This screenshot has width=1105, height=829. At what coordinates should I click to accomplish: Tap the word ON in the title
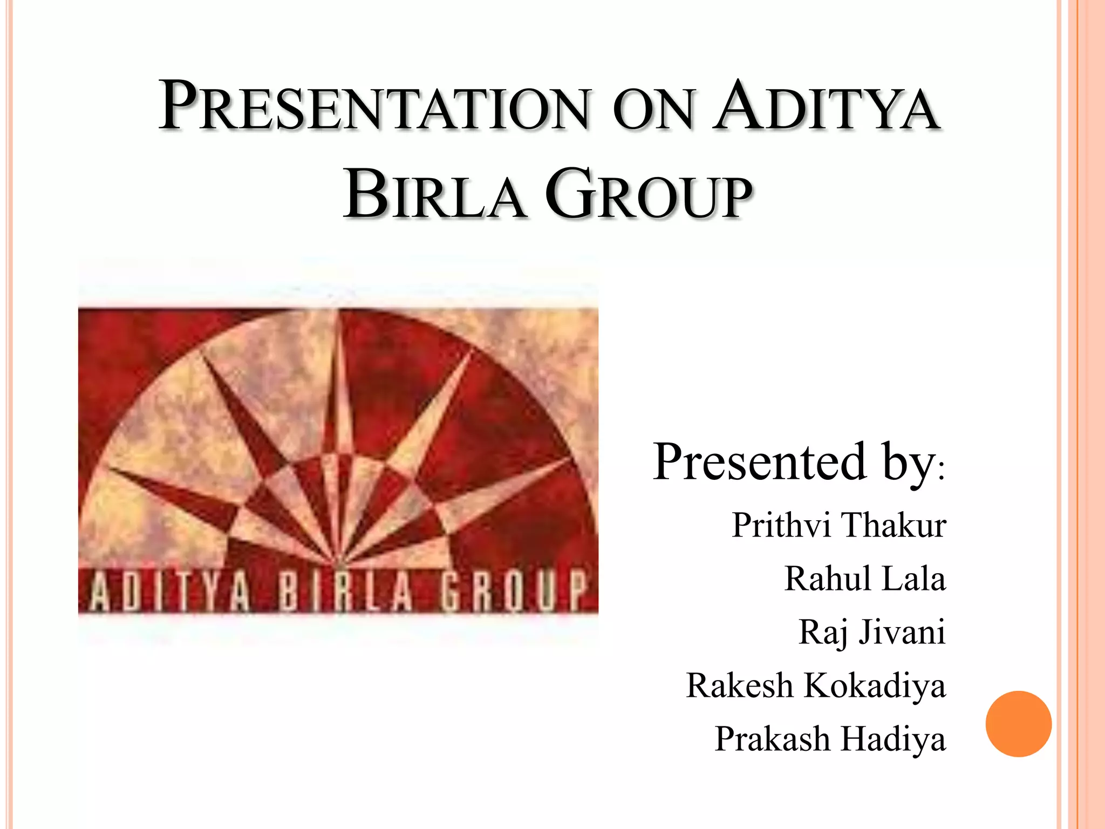coord(652,110)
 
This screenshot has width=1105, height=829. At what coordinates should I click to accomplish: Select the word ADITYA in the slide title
coord(826,106)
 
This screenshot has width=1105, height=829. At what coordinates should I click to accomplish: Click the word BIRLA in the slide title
coord(435,195)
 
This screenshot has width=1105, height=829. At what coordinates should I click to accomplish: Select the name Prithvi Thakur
coord(838,525)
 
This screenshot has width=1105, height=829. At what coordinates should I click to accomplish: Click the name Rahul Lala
coord(865,579)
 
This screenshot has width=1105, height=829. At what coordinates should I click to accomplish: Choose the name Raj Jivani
coord(872,632)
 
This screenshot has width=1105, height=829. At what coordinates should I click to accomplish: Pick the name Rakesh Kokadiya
coord(816,685)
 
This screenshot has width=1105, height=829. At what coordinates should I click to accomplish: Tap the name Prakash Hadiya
coord(830,739)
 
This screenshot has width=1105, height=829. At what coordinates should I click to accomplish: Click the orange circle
coord(1018,724)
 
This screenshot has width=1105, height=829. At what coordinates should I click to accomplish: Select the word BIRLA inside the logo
coord(345,592)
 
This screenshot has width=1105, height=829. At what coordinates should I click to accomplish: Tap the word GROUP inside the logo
coord(513,592)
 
